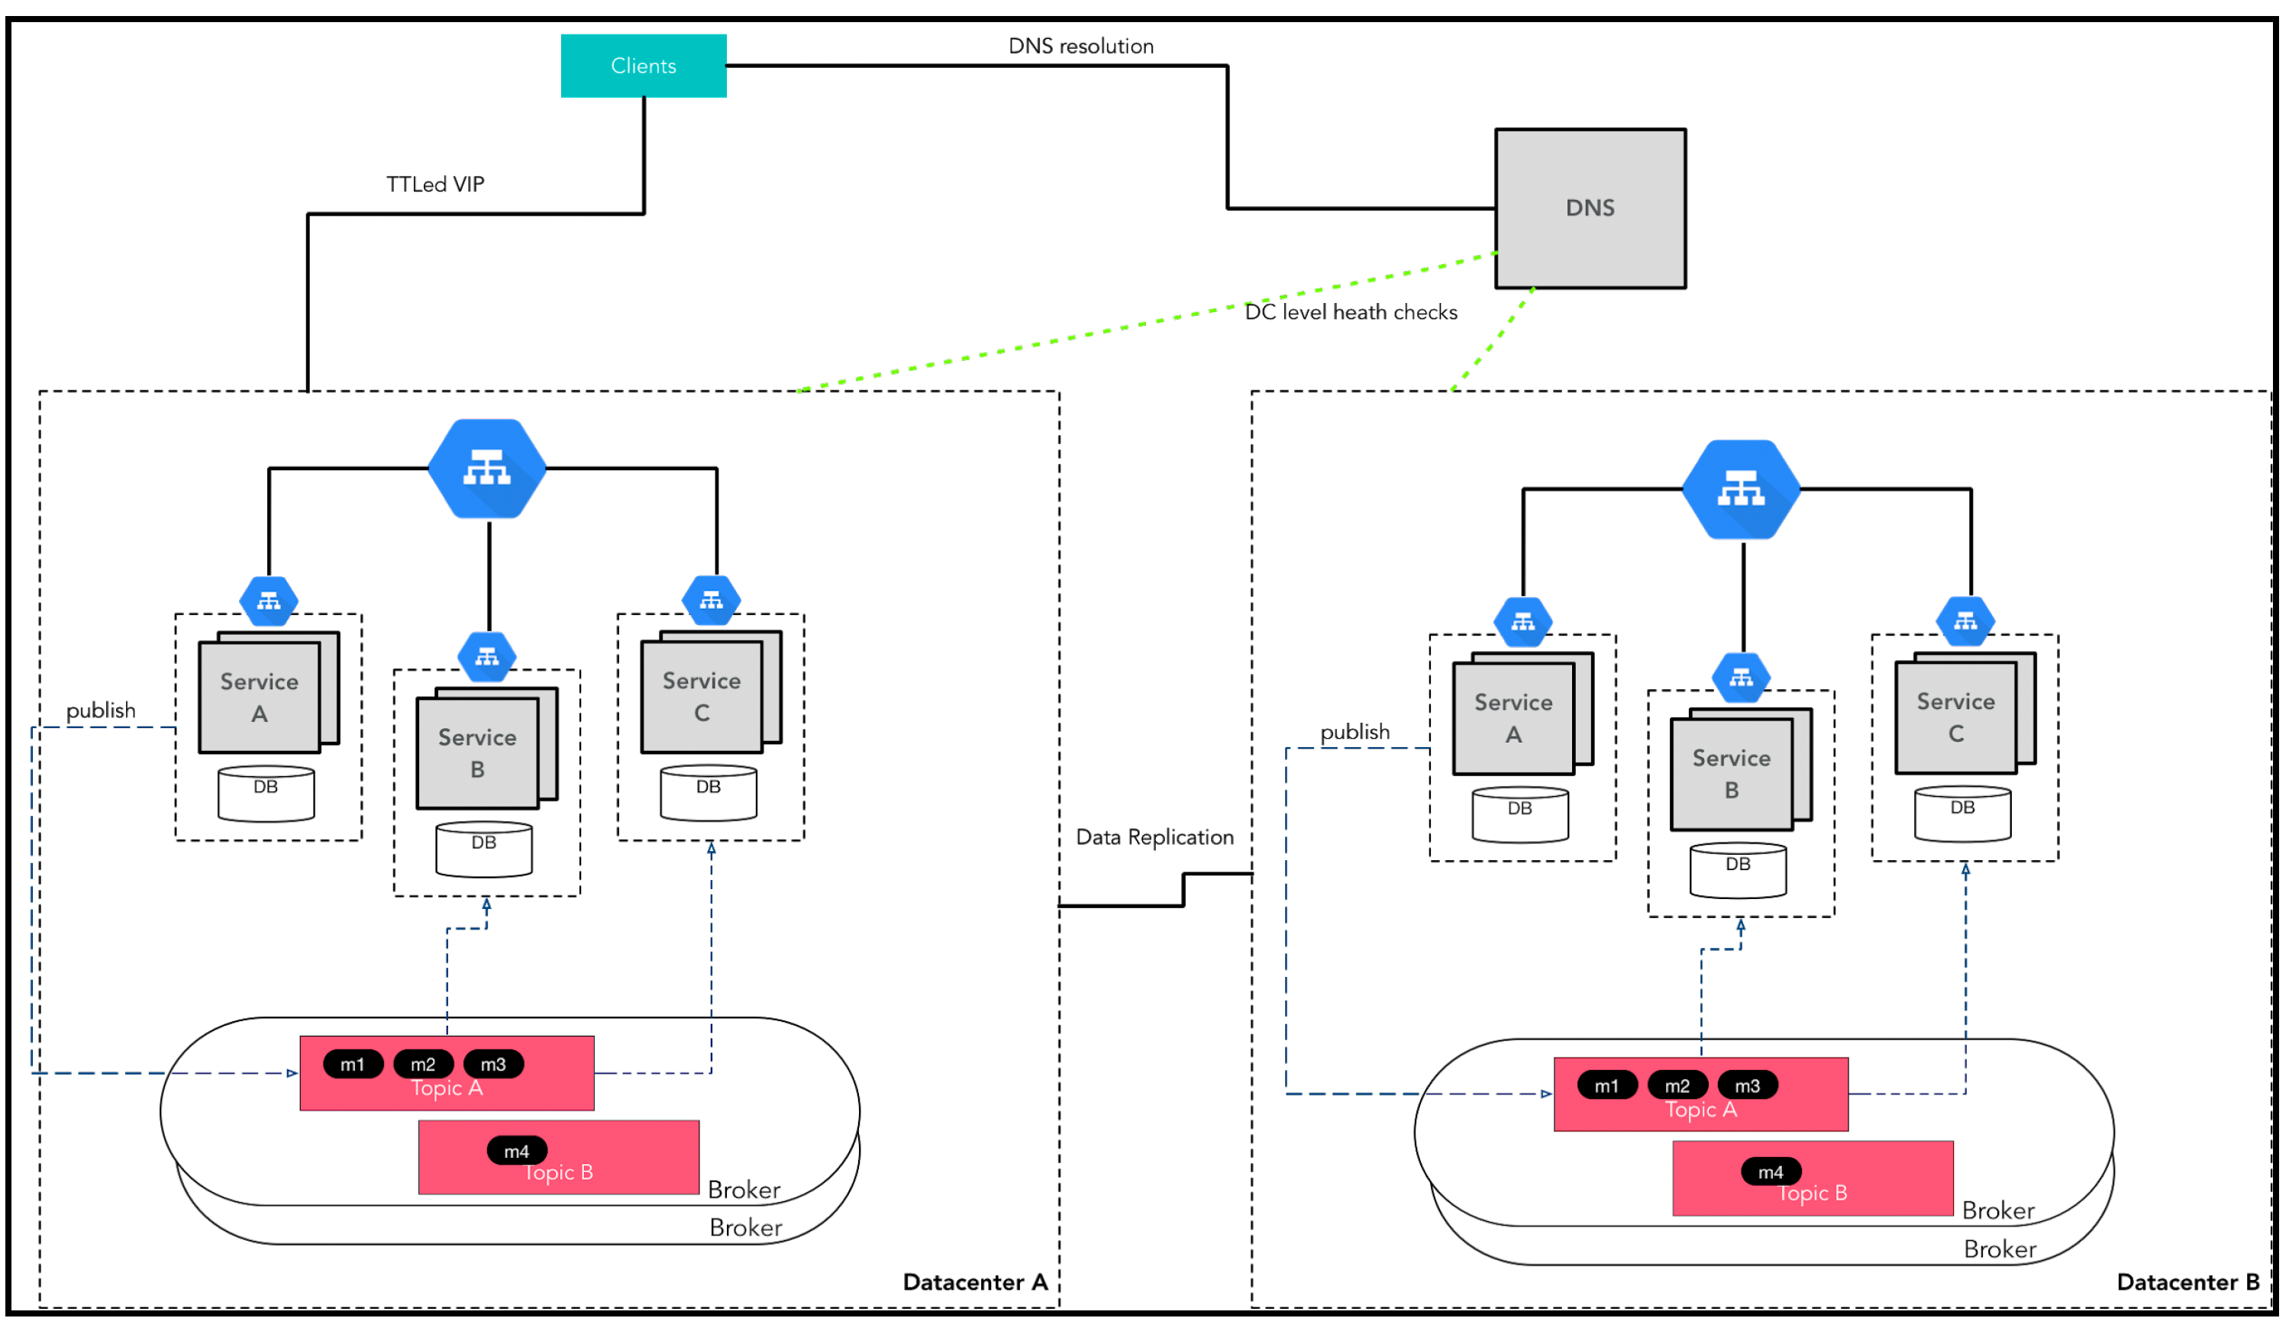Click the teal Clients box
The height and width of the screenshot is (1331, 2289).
pos(643,66)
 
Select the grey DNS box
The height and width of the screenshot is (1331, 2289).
pos(1590,208)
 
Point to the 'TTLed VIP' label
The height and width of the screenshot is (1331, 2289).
pos(435,184)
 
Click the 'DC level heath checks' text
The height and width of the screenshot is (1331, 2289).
pos(1351,311)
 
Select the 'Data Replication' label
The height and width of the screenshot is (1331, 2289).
pos(1154,836)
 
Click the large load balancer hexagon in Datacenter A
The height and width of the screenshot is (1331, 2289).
pos(487,469)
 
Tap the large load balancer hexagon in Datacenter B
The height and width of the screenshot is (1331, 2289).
pos(1742,489)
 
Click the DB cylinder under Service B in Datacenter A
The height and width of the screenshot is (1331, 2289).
pos(484,849)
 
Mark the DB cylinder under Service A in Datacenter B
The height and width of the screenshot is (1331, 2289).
pos(1519,814)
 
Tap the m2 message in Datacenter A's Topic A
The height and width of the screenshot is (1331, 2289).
pos(423,1064)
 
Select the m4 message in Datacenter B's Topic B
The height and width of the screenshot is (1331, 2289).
pos(1771,1171)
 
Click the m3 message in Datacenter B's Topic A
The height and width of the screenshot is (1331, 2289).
pos(1748,1085)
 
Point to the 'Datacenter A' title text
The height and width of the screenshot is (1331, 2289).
pos(975,1281)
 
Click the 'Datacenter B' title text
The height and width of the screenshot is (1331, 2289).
pos(2188,1281)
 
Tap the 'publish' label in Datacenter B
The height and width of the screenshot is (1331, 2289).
pos(1354,732)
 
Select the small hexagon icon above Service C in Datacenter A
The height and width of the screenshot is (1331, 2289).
pos(712,600)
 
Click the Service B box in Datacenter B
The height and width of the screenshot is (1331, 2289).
pos(1732,775)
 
